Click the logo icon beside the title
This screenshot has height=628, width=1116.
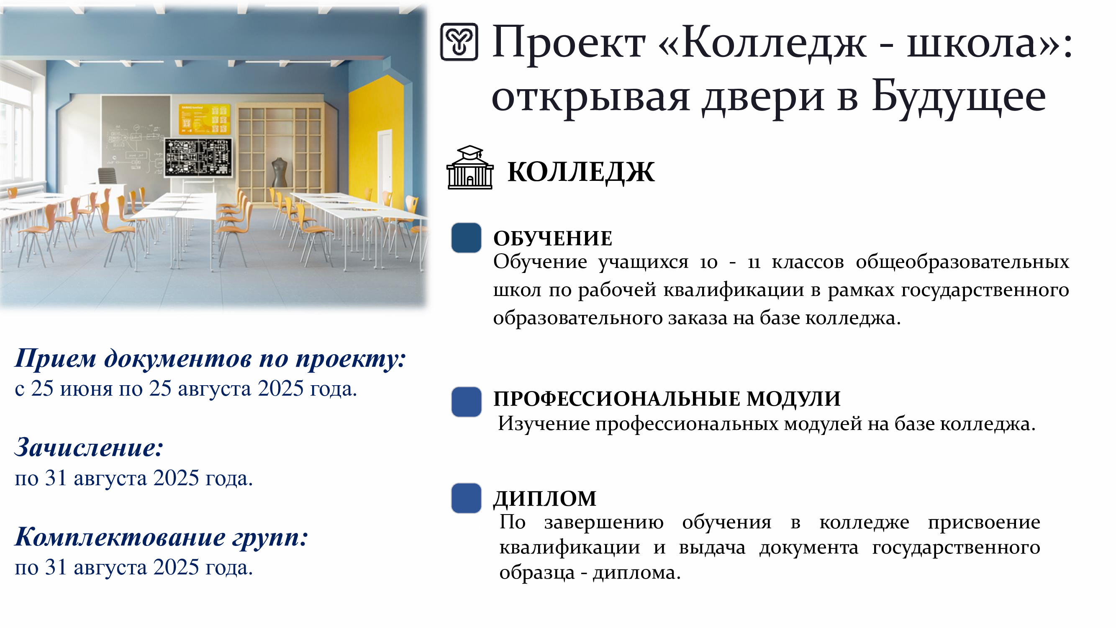(x=459, y=42)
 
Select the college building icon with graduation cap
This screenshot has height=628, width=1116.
(x=470, y=167)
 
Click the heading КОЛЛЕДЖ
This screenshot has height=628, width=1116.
(x=581, y=172)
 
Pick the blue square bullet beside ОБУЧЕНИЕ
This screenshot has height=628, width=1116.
(x=466, y=237)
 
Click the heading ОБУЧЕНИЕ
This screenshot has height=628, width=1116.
(x=553, y=238)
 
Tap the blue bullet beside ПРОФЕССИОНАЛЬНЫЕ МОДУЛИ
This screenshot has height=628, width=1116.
(x=466, y=402)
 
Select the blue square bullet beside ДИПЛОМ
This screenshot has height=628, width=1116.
(x=466, y=498)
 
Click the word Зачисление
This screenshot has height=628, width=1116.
(x=89, y=447)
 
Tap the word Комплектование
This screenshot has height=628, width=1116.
(x=120, y=537)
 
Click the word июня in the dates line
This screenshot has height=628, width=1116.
(x=86, y=389)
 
